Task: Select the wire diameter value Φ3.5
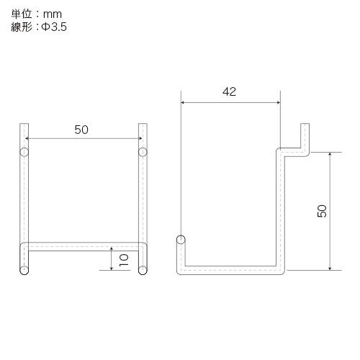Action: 54,27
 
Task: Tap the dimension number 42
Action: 230,91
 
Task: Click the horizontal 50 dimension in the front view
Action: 81,130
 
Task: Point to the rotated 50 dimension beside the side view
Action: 322,211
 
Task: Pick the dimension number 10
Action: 124,260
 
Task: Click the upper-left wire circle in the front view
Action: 24,152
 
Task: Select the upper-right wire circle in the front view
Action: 142,152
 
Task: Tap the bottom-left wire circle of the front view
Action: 24,271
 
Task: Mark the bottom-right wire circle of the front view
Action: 142,271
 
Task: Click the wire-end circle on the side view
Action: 180,240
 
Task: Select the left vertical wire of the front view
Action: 24,202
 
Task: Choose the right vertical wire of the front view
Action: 142,202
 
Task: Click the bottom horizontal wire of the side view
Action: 230,271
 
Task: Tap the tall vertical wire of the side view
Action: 280,209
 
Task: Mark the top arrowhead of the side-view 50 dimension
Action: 330,156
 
